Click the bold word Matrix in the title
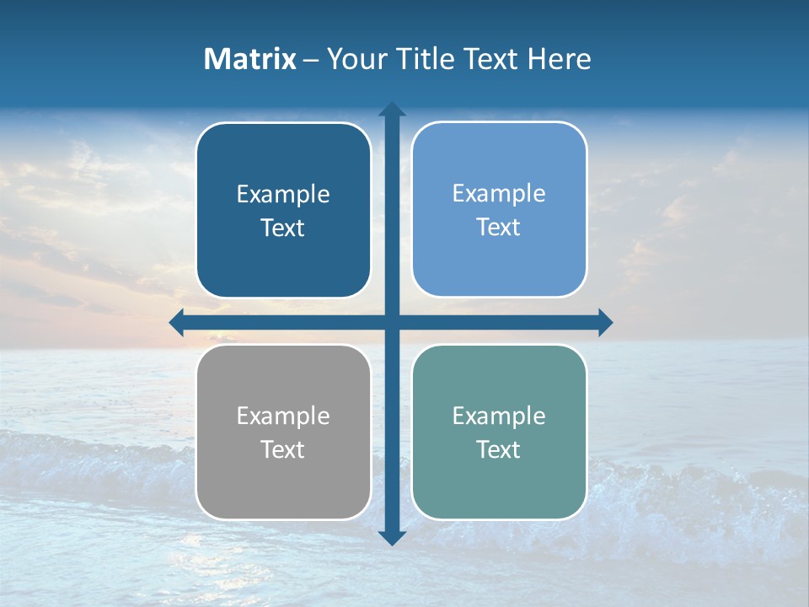pos(250,59)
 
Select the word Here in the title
pos(560,59)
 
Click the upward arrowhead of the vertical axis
pos(392,110)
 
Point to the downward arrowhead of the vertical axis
pos(392,537)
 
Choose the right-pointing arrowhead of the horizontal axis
pos(605,322)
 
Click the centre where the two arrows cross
pos(392,322)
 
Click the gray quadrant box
pos(283,485)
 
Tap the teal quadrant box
pos(499,485)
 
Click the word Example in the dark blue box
pos(283,195)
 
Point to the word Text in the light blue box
pos(499,228)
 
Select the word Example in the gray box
pos(283,416)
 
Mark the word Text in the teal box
pos(499,449)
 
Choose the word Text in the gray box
pos(283,449)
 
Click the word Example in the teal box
pos(499,416)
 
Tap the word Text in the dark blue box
pos(283,228)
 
